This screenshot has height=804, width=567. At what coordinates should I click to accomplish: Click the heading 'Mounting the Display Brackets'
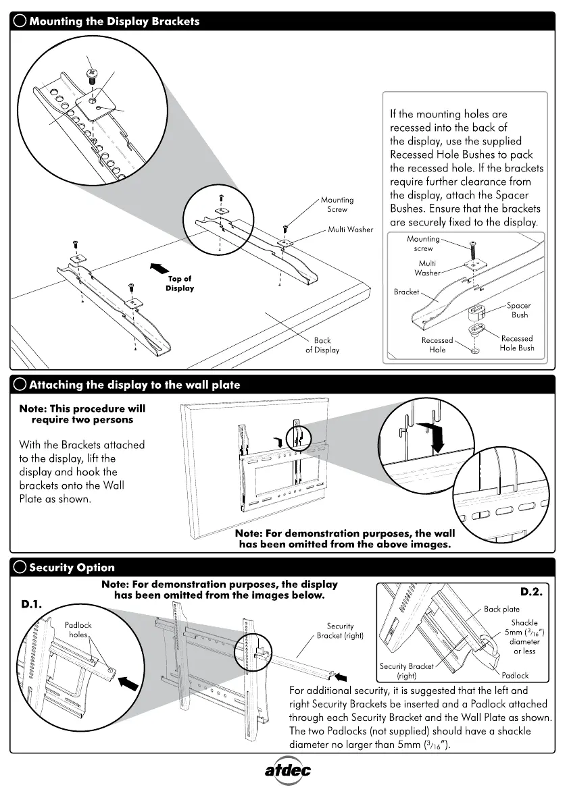tap(114, 21)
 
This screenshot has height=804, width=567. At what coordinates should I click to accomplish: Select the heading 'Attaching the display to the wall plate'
tap(134, 385)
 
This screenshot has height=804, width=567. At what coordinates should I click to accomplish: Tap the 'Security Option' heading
tap(72, 567)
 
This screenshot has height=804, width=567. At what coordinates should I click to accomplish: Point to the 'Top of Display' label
tap(180, 284)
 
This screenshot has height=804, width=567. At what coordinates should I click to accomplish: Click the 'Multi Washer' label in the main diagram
tap(350, 230)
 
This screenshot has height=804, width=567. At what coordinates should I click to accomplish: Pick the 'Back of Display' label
tap(322, 345)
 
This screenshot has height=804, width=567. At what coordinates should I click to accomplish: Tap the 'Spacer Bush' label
tap(519, 310)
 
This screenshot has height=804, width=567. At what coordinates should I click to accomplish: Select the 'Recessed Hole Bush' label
tap(517, 343)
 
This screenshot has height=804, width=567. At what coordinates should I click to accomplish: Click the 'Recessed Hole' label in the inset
tap(437, 345)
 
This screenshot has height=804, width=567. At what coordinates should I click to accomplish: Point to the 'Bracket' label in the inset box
tap(406, 292)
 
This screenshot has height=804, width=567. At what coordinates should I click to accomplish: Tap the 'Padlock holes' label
tap(78, 630)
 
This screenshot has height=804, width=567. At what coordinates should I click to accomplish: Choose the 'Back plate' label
tap(501, 609)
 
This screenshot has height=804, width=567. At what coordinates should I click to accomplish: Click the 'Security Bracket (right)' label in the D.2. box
tap(407, 670)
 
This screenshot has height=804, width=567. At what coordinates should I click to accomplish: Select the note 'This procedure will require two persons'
tap(82, 414)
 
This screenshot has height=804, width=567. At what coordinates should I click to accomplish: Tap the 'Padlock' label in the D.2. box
tap(515, 674)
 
